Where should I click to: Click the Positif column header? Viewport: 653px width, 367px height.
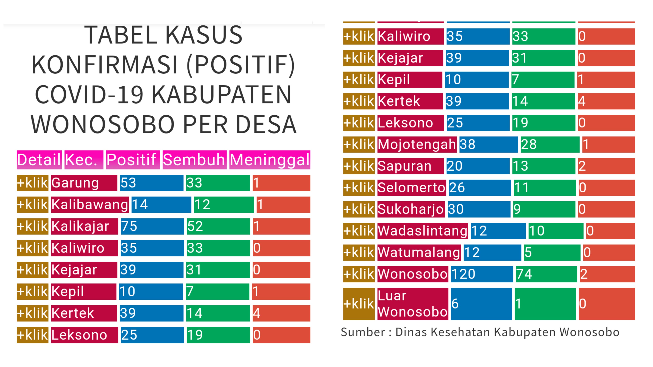click(x=133, y=160)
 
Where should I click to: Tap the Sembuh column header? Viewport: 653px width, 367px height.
click(x=194, y=160)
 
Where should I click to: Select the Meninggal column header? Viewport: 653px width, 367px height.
click(x=270, y=160)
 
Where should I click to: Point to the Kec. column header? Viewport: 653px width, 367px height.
click(x=84, y=160)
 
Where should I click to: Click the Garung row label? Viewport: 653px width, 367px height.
click(x=84, y=183)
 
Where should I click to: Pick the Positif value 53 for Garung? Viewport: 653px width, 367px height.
click(x=151, y=183)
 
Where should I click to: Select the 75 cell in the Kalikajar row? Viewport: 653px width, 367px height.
click(x=152, y=226)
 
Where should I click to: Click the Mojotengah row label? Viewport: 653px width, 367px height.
click(x=417, y=144)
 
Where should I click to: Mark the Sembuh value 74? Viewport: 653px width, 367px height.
click(x=546, y=274)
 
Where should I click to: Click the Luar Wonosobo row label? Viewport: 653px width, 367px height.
click(x=412, y=304)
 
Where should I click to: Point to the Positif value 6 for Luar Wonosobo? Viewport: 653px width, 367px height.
click(x=481, y=304)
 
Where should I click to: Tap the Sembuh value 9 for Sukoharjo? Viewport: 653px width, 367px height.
click(x=544, y=209)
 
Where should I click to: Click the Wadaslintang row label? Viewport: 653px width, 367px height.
click(x=423, y=231)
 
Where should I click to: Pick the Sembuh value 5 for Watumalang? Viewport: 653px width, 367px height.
click(x=552, y=252)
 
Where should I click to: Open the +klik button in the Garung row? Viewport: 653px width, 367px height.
click(x=32, y=183)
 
